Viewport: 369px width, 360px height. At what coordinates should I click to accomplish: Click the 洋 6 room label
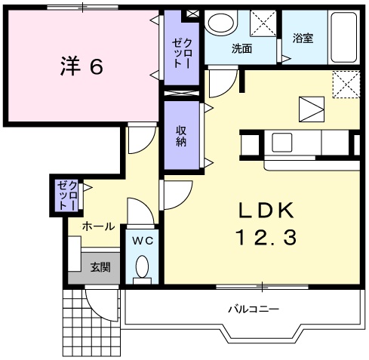pos(81,66)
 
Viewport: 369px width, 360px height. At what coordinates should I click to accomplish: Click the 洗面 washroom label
pos(241,48)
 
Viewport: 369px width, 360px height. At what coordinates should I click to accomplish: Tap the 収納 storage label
pos(182,136)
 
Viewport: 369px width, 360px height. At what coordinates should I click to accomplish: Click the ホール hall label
pos(99,226)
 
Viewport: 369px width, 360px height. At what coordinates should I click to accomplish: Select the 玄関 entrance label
pos(101,266)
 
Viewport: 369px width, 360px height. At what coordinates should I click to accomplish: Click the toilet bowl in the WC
pos(141,267)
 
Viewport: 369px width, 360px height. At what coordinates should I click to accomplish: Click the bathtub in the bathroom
pos(347,38)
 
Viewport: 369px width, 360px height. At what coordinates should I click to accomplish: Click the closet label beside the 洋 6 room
pos(182,53)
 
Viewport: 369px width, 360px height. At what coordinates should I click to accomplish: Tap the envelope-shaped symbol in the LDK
pos(310,109)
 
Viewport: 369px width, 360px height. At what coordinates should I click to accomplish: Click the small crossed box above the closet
pos(192,14)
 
